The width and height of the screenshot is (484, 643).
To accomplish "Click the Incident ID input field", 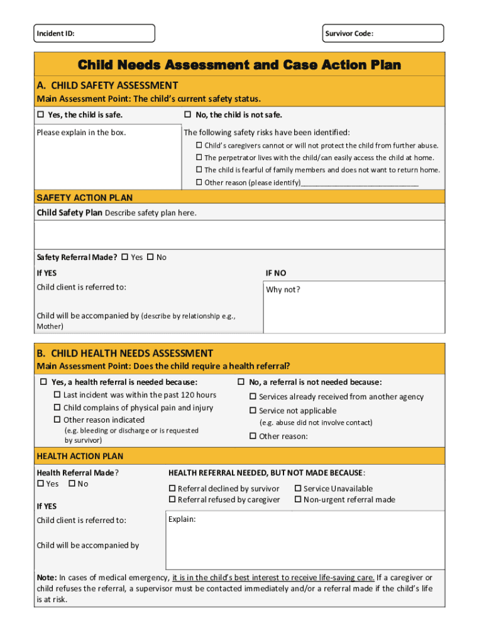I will click(x=113, y=33).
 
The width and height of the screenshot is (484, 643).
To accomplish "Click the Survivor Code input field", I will click(x=409, y=33).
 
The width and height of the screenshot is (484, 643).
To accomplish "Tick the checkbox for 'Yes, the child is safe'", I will click(x=41, y=115).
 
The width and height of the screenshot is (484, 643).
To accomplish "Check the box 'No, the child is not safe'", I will click(x=187, y=115).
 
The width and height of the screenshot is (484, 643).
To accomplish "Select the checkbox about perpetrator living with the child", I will click(x=199, y=158).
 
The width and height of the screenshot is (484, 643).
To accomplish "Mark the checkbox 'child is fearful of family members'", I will click(x=199, y=170).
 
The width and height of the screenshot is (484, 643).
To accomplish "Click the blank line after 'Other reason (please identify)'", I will click(x=360, y=183).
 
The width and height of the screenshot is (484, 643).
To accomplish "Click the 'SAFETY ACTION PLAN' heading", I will click(x=85, y=198).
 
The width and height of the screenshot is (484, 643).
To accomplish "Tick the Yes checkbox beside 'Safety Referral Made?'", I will click(x=124, y=257).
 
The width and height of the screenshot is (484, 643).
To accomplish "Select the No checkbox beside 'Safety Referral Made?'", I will click(x=150, y=257).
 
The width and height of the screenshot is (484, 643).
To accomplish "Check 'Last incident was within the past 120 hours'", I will click(x=58, y=395).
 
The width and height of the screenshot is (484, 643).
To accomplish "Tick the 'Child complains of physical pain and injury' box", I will click(x=58, y=408).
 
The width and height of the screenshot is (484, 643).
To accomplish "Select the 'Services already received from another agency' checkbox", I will click(x=253, y=397).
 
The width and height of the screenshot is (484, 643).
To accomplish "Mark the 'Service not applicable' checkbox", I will click(x=253, y=411).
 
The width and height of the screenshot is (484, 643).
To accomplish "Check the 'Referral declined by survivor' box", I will click(x=172, y=489).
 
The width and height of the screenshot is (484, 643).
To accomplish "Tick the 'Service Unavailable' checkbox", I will click(x=298, y=489).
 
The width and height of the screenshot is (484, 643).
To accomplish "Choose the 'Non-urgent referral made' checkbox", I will click(x=298, y=500).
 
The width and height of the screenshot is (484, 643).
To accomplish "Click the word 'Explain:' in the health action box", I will click(x=182, y=519).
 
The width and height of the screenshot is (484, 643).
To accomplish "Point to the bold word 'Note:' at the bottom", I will click(x=47, y=578).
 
